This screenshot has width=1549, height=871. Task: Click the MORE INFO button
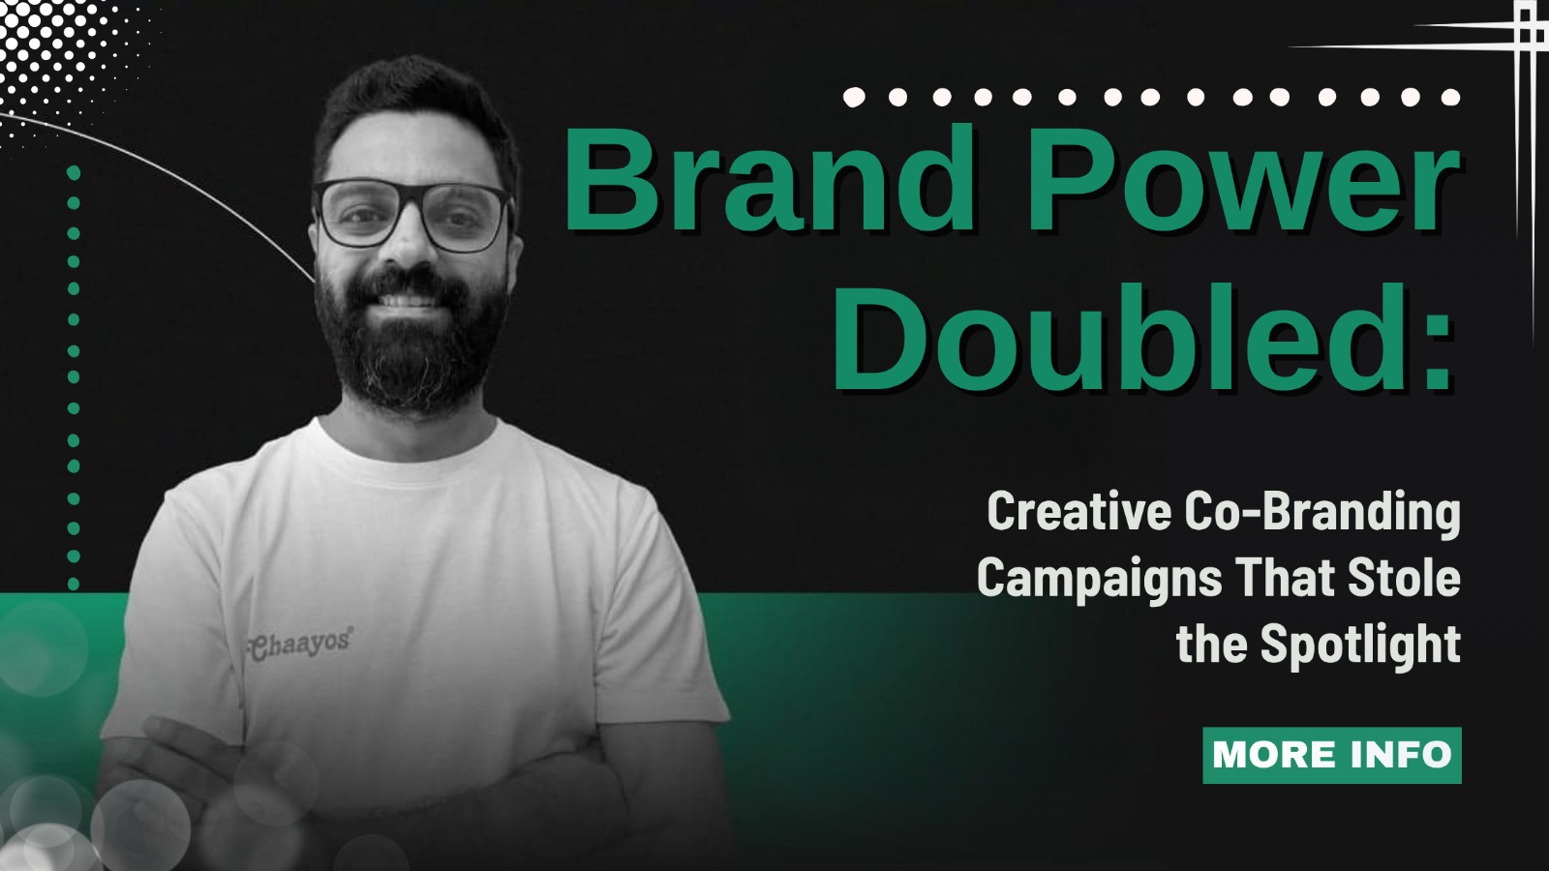click(x=1331, y=755)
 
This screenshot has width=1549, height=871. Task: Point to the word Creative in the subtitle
click(x=1078, y=512)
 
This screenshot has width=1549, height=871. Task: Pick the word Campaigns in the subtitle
click(x=1100, y=579)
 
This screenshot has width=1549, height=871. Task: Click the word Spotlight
click(x=1360, y=645)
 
